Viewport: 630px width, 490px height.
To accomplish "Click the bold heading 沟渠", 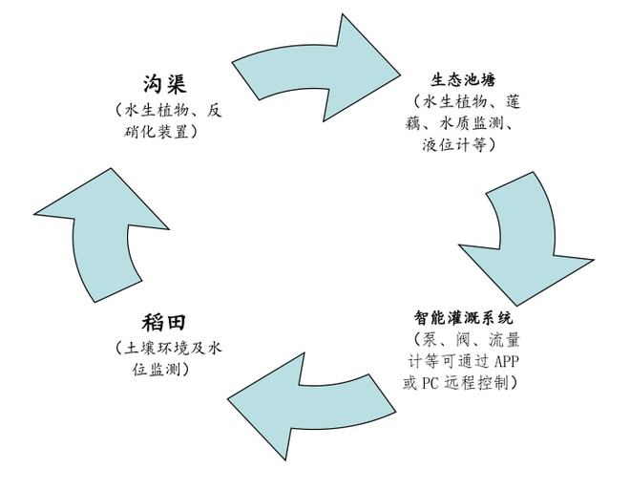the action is coord(165,84).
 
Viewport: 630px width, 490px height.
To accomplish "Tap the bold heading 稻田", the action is coord(164,323).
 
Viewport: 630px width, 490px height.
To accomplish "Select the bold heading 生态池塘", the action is coord(463,80).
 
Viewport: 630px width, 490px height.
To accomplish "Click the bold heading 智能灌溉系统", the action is coord(464,318).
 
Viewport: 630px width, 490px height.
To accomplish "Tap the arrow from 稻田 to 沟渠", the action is coord(100,237).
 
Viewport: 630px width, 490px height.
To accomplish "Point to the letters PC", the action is coord(430,383).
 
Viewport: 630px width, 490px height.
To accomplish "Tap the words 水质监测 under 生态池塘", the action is coord(472,123).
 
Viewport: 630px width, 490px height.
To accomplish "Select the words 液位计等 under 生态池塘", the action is coord(454,144).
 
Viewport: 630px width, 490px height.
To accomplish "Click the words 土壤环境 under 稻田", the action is coord(157,348).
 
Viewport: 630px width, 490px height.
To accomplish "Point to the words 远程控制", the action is coord(476,383).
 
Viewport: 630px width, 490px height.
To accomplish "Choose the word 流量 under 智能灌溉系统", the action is coord(504,340).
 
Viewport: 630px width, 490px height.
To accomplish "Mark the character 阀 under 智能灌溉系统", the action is coord(463,340).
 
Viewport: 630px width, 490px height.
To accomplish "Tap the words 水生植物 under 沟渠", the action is coord(157,110).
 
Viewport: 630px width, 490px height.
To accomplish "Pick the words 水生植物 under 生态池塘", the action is coord(455,101).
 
